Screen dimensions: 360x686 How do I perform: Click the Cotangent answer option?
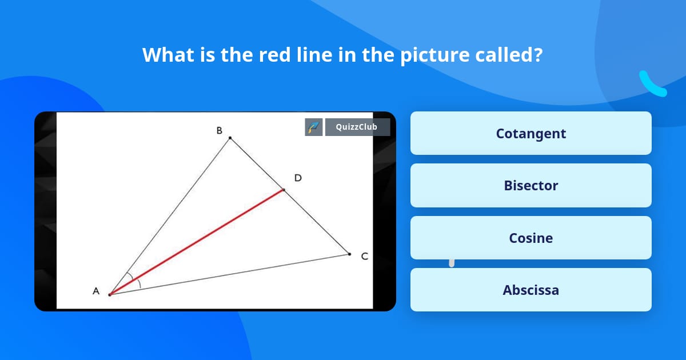pos(531,133)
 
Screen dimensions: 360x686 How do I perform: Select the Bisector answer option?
pos(531,186)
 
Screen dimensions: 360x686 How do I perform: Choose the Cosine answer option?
pos(531,238)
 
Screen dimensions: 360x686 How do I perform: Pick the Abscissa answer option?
pos(531,290)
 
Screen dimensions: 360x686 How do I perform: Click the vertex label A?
pos(96,291)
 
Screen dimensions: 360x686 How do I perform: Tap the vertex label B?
pos(219,131)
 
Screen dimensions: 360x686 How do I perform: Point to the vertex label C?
pos(364,257)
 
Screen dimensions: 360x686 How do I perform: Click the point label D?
pos(298,178)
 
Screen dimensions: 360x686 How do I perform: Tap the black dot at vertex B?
pos(230,138)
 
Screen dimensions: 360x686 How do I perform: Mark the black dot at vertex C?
pos(349,254)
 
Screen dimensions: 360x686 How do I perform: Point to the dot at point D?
pos(284,190)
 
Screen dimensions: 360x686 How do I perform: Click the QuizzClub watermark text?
pos(357,127)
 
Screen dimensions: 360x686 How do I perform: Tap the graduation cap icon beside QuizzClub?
pos(314,127)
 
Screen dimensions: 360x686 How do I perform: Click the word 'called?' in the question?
pos(509,55)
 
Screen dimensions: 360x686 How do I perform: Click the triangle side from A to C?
pos(229,274)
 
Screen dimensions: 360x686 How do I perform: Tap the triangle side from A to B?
pos(170,216)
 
